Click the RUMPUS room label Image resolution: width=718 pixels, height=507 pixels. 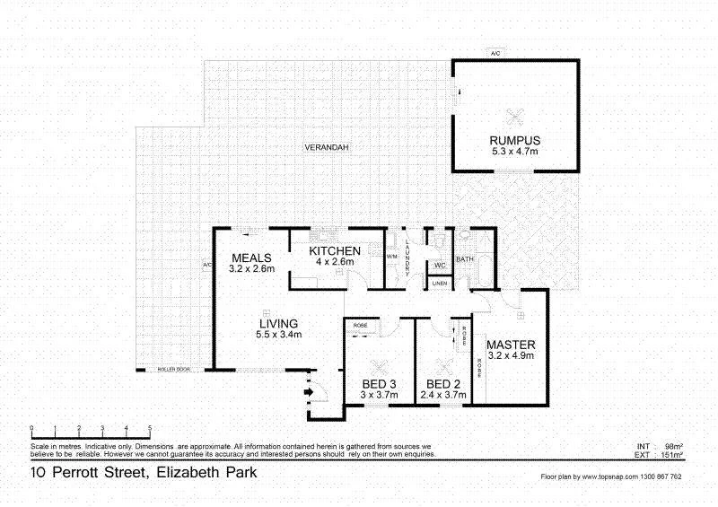tap(514, 140)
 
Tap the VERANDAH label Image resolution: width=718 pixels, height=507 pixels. tap(326, 146)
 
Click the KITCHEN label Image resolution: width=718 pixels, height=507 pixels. tap(335, 250)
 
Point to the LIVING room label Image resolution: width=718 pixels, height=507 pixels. tap(278, 323)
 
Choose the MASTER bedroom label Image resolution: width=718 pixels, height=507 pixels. tap(511, 345)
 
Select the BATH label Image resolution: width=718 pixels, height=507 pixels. tap(465, 259)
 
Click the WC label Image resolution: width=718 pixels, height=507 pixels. tap(440, 266)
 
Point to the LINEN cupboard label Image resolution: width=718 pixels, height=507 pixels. tap(439, 284)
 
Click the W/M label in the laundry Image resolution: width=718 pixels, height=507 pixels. tap(392, 257)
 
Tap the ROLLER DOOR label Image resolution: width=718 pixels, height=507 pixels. tap(173, 369)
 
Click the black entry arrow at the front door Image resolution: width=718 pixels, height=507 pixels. tap(311, 390)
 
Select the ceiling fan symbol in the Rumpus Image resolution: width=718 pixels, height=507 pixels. tap(514, 115)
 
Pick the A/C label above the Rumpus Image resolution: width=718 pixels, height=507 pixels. tap(495, 54)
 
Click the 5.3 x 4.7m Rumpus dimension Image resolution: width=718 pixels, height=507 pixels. tap(514, 152)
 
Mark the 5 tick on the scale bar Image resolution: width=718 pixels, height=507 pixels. tap(150, 429)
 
